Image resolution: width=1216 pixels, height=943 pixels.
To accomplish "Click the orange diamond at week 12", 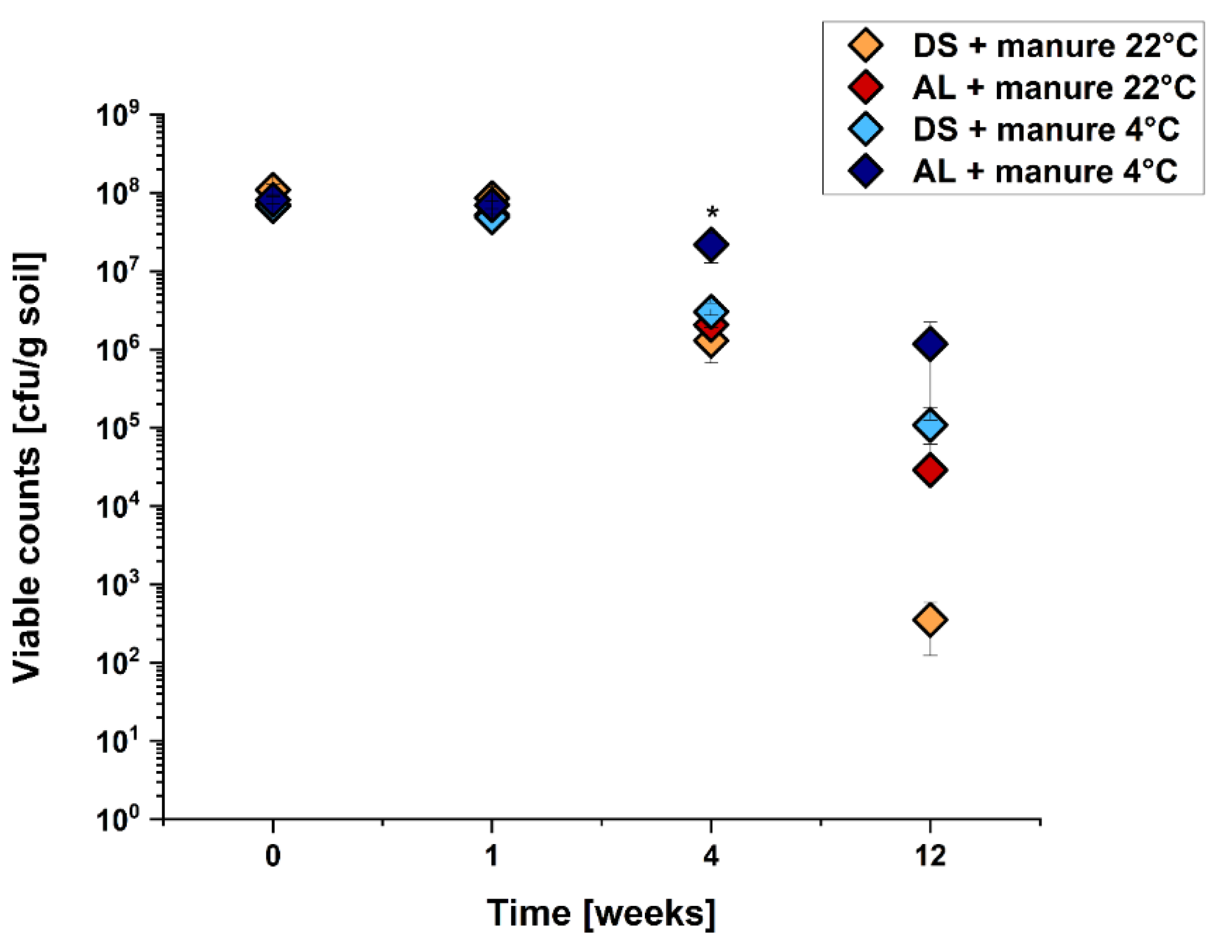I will pyautogui.click(x=930, y=619).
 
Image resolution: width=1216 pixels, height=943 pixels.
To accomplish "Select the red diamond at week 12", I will pyautogui.click(x=930, y=470).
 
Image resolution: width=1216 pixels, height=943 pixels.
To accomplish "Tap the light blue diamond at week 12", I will pyautogui.click(x=930, y=425).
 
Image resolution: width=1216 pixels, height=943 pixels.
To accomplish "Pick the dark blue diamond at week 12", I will pyautogui.click(x=930, y=344).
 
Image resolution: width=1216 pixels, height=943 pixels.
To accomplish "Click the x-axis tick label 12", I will pyautogui.click(x=930, y=856).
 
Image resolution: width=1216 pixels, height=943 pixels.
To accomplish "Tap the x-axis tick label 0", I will pyautogui.click(x=272, y=856).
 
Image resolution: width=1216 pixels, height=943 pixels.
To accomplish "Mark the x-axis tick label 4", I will pyautogui.click(x=711, y=856).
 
